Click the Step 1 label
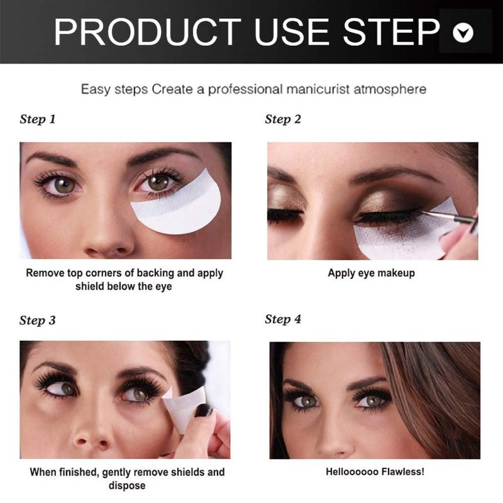point(38,119)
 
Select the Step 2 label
point(283,119)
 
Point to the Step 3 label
point(38,320)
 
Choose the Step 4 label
point(283,319)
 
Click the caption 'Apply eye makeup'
point(371,274)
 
